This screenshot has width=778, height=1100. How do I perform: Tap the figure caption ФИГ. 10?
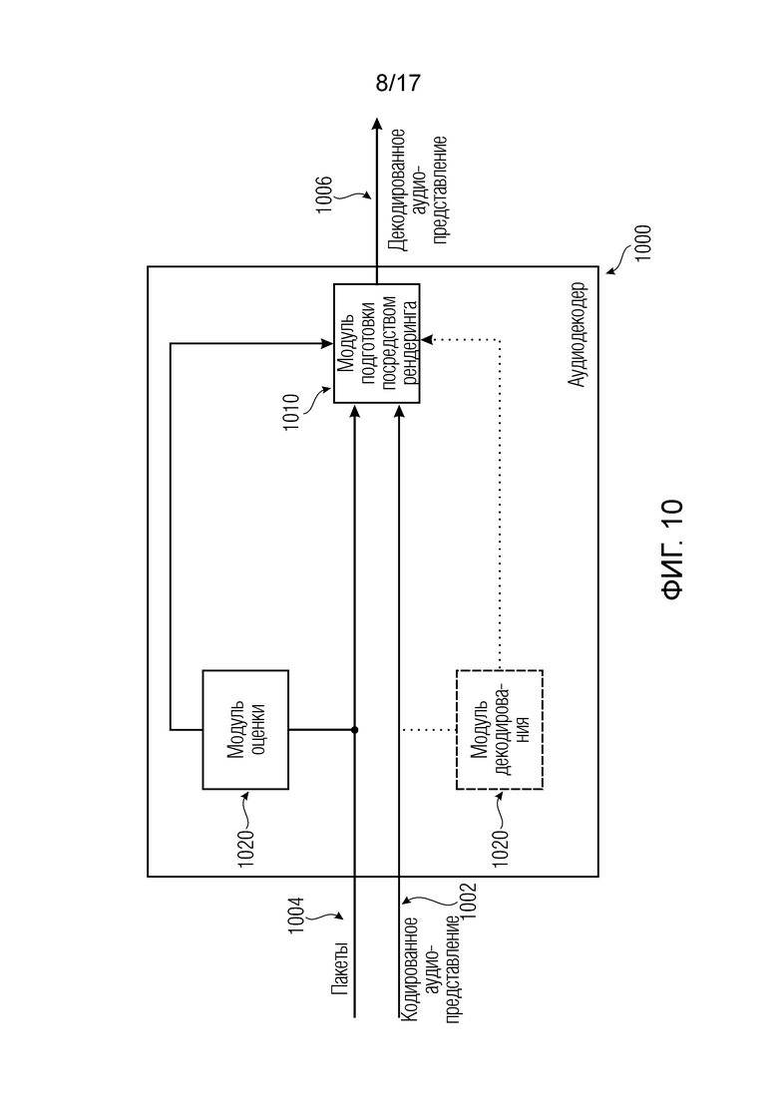pyautogui.click(x=672, y=549)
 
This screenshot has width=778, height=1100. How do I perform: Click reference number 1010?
pyautogui.click(x=291, y=413)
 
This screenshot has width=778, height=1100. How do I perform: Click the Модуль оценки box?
pyautogui.click(x=245, y=730)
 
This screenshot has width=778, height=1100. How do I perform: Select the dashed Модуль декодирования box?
pyautogui.click(x=500, y=730)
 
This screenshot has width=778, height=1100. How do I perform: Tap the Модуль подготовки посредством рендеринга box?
pyautogui.click(x=376, y=343)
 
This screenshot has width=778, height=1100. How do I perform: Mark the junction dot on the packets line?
pyautogui.click(x=355, y=730)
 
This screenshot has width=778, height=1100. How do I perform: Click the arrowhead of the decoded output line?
pyautogui.click(x=376, y=126)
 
